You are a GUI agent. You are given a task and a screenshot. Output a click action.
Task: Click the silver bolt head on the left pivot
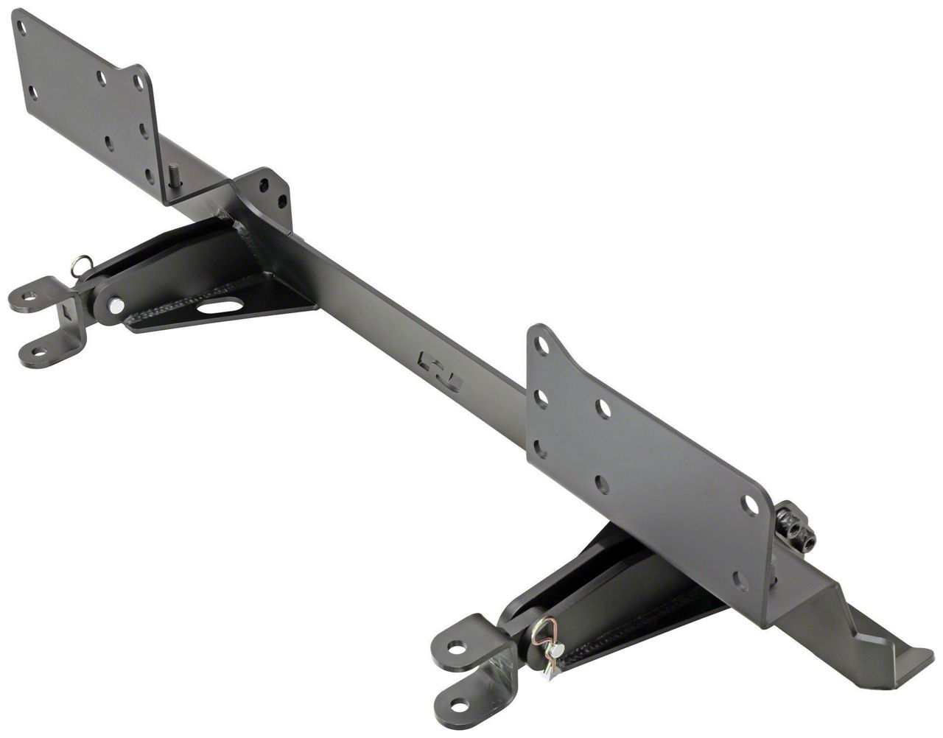pos(115,304)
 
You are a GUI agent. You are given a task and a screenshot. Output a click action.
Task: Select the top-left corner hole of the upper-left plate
pos(22,28)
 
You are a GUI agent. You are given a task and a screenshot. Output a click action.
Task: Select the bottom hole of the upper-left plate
pos(150,176)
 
